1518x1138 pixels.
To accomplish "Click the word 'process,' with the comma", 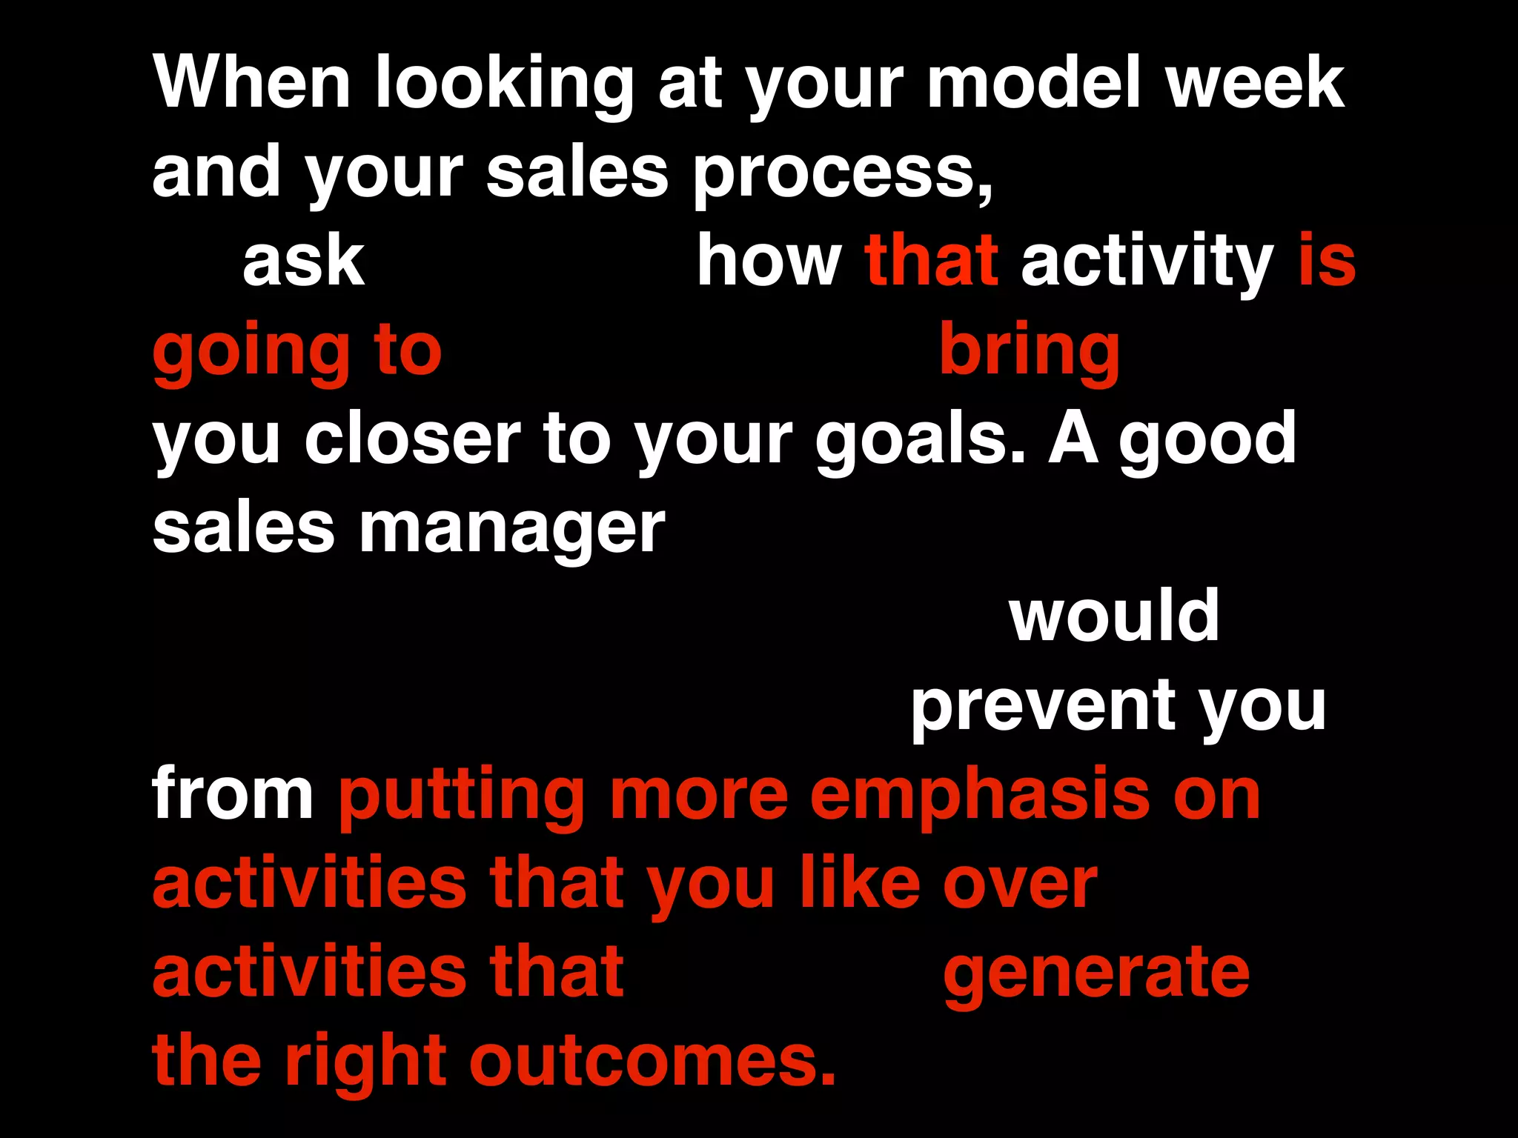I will pyautogui.click(x=843, y=174).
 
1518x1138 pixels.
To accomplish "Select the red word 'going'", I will pyautogui.click(x=251, y=352).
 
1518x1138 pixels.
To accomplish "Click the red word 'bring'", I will pyautogui.click(x=1030, y=352).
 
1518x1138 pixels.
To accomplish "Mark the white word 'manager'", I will pyautogui.click(x=511, y=530).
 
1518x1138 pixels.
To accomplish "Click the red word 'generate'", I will pyautogui.click(x=1096, y=974).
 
